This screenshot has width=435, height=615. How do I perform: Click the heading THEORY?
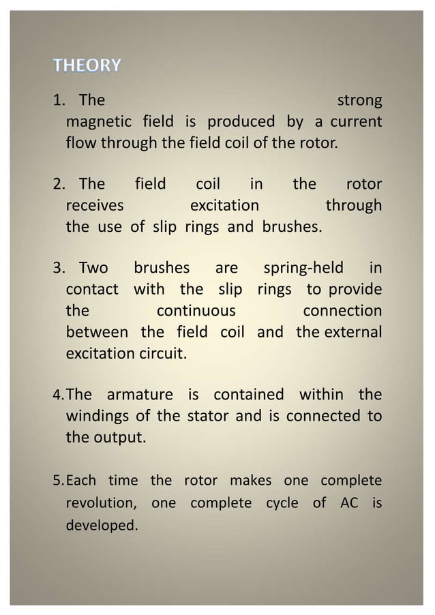tap(88, 65)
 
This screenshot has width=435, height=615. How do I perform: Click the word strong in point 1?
tap(359, 102)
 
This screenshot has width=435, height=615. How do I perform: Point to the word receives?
tap(94, 206)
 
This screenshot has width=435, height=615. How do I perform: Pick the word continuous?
tap(196, 311)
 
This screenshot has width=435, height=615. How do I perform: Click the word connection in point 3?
tap(342, 311)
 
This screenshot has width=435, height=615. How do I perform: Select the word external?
tap(352, 332)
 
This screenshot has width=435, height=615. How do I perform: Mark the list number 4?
tap(57, 395)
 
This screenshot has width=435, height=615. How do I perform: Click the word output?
tap(121, 437)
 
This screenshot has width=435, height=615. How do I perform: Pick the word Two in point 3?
tap(93, 269)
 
